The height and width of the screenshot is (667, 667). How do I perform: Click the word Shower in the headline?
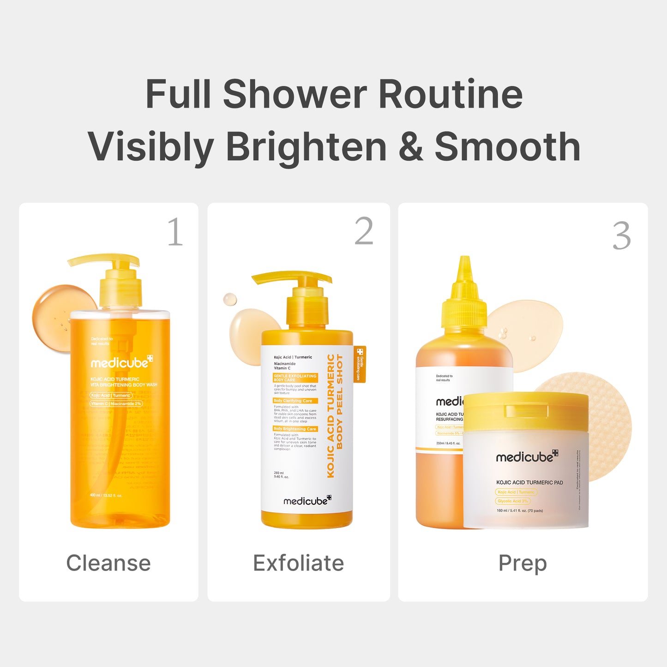[x=295, y=94]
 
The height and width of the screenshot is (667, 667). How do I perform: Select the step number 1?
[x=175, y=232]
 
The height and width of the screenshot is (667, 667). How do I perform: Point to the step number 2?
[x=364, y=232]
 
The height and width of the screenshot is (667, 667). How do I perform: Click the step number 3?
[x=621, y=236]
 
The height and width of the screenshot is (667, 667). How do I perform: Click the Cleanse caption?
[x=108, y=563]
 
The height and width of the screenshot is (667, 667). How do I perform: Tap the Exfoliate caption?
[x=298, y=563]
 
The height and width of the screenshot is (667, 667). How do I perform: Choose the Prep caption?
[x=523, y=563]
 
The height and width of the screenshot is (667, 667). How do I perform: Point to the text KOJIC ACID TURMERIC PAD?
[x=529, y=482]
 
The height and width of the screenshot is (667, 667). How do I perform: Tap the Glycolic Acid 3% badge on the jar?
[x=513, y=501]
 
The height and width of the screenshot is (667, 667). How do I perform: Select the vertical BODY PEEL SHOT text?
[x=340, y=402]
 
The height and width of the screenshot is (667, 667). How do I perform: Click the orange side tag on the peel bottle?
[x=360, y=364]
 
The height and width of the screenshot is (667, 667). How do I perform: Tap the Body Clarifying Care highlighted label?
[x=293, y=401]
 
